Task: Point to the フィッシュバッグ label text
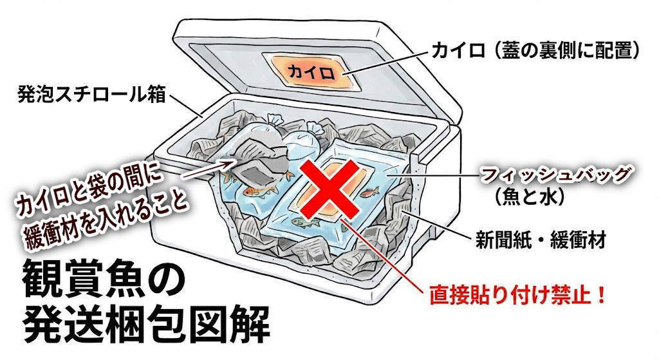(555, 175)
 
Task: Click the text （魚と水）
(536, 196)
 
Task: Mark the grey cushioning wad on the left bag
(254, 160)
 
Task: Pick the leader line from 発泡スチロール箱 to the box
(187, 105)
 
